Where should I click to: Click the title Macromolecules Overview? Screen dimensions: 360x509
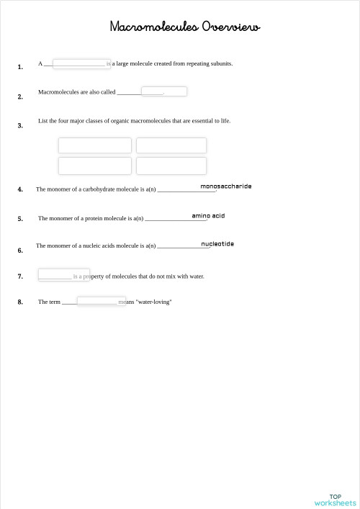tap(184, 27)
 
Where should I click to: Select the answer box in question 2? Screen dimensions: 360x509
tap(164, 91)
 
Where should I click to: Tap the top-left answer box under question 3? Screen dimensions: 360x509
tap(95, 145)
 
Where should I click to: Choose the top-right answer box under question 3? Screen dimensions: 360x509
tap(171, 145)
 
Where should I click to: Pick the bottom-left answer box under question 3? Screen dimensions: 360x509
tap(95, 166)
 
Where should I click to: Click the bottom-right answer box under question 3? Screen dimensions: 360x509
tap(171, 166)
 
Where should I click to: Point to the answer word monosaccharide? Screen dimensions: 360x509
tap(226, 186)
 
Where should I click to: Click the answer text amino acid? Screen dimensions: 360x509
tap(208, 216)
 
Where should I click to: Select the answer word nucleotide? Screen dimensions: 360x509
tap(217, 244)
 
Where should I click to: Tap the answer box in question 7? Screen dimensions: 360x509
tap(63, 275)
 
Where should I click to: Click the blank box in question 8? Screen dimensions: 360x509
tap(102, 301)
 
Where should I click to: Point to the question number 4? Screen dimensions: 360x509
tap(20, 189)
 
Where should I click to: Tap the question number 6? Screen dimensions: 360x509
tap(20, 251)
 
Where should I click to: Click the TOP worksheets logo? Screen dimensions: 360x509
tap(335, 500)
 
